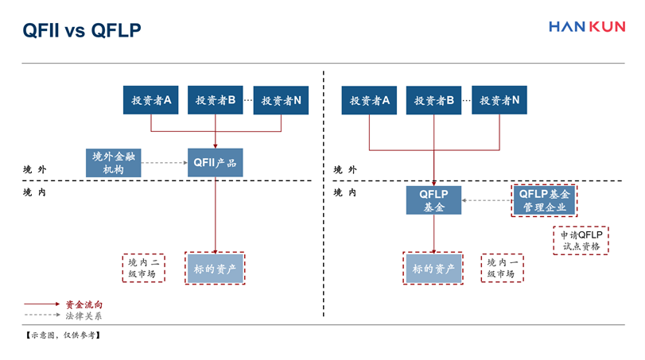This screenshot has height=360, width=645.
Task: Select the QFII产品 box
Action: (215, 163)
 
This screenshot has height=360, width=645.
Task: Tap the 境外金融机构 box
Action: (113, 163)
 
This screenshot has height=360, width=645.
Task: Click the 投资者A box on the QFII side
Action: (151, 100)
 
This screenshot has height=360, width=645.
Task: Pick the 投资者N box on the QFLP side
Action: (499, 100)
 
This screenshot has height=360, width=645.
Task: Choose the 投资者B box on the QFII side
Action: (216, 100)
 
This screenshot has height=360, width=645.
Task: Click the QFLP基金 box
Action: (433, 199)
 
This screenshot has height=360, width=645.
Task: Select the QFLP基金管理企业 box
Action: (544, 199)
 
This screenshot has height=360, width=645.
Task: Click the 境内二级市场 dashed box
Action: (144, 269)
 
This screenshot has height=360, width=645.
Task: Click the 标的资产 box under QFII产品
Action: (215, 269)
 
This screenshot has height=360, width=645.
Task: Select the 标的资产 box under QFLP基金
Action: (433, 269)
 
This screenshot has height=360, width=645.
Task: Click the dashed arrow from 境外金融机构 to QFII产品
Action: (164, 163)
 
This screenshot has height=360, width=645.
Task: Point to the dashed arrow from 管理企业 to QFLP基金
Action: (487, 200)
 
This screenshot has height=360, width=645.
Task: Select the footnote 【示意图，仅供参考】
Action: (62, 335)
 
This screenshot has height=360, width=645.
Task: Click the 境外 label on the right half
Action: (345, 169)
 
